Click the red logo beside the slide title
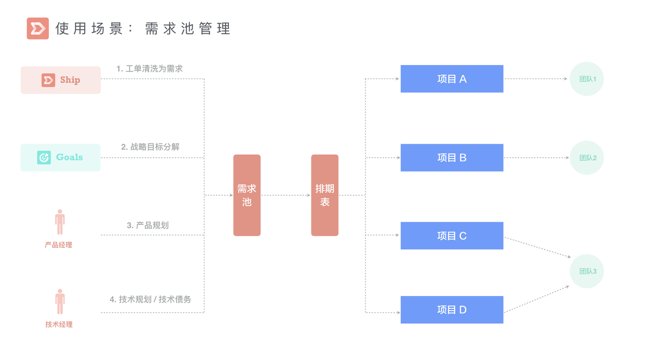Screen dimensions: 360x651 pyautogui.click(x=37, y=28)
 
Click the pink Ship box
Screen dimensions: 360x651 pyautogui.click(x=61, y=80)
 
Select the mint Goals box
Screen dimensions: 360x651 pyautogui.click(x=61, y=158)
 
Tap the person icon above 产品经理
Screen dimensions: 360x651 pyautogui.click(x=60, y=222)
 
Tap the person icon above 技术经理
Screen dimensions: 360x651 pyautogui.click(x=60, y=301)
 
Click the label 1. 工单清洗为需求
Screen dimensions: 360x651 pyautogui.click(x=149, y=69)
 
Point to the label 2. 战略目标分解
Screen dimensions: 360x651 pyautogui.click(x=150, y=147)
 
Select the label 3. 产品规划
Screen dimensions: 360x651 pyautogui.click(x=148, y=225)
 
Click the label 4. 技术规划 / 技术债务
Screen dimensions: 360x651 pyautogui.click(x=150, y=299)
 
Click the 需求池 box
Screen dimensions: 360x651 pyautogui.click(x=247, y=195)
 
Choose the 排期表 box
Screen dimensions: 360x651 pyautogui.click(x=324, y=195)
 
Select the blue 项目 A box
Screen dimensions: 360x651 pyautogui.click(x=452, y=79)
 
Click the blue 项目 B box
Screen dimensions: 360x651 pyautogui.click(x=452, y=158)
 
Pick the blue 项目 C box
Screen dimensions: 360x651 pyautogui.click(x=452, y=236)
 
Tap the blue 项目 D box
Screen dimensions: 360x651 pyautogui.click(x=452, y=310)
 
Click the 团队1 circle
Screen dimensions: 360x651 pyautogui.click(x=587, y=79)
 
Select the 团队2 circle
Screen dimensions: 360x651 pyautogui.click(x=587, y=158)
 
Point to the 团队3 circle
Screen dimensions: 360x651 pyautogui.click(x=587, y=271)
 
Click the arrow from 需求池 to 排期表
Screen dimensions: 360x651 pyautogui.click(x=286, y=195)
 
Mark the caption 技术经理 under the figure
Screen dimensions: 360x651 pyautogui.click(x=59, y=324)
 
